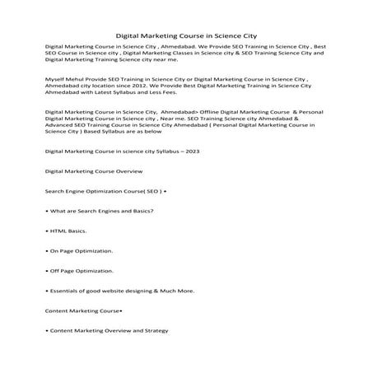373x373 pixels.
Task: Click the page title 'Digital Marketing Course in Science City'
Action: [185, 36]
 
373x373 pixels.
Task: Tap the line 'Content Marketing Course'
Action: [83, 310]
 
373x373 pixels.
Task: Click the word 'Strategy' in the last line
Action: [156, 330]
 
